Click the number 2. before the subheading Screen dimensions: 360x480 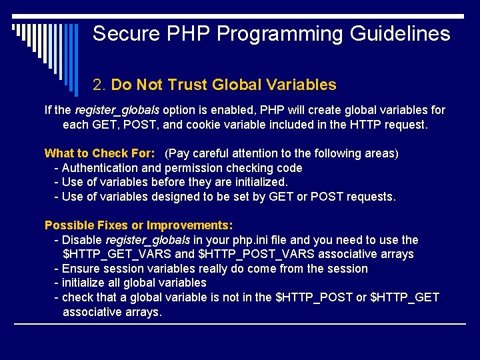click(100, 85)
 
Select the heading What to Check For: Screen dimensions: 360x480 click(99, 153)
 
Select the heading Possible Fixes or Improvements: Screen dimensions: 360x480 click(138, 225)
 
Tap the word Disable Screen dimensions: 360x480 click(82, 240)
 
